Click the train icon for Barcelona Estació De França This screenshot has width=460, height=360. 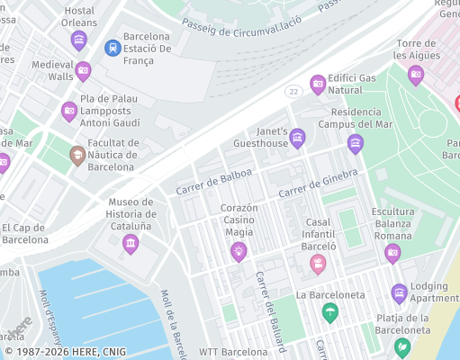[x=113, y=47]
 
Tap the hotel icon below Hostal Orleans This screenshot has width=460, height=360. [x=79, y=40]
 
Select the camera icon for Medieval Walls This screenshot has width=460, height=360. [x=84, y=70]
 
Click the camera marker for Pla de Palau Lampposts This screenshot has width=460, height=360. [x=69, y=112]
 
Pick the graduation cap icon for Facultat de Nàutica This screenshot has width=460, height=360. [x=78, y=156]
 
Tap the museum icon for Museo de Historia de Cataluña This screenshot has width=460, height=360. [x=131, y=243]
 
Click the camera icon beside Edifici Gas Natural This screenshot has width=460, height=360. [x=318, y=85]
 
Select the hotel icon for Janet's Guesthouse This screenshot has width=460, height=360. [x=298, y=138]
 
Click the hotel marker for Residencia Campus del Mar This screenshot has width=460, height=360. [x=356, y=143]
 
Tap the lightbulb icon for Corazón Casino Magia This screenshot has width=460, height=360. [x=239, y=251]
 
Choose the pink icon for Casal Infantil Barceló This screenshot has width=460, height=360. [x=318, y=264]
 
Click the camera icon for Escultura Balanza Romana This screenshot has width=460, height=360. [x=392, y=253]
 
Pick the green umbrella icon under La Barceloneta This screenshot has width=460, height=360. [x=330, y=312]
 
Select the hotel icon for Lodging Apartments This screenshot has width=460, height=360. [x=399, y=293]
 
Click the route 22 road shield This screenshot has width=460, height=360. [x=293, y=92]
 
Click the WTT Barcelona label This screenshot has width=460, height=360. [x=233, y=352]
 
